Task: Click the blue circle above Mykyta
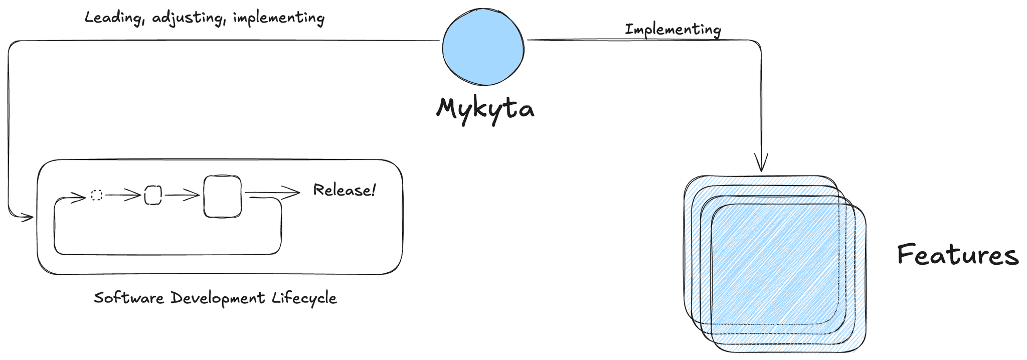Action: pyautogui.click(x=483, y=47)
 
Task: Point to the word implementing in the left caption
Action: pyautogui.click(x=279, y=18)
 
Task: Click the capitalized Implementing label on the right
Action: pyautogui.click(x=673, y=30)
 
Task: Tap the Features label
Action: pyautogui.click(x=957, y=255)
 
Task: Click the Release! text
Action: pyautogui.click(x=344, y=190)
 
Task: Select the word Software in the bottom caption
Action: pyautogui.click(x=129, y=298)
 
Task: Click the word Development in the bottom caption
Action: pyautogui.click(x=218, y=298)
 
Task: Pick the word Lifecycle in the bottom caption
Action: pyautogui.click(x=304, y=298)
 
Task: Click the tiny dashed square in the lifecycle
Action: pyautogui.click(x=97, y=195)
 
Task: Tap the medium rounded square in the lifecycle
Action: pyautogui.click(x=153, y=195)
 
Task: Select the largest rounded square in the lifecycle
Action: pyautogui.click(x=222, y=196)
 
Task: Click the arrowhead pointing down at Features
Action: pyautogui.click(x=761, y=164)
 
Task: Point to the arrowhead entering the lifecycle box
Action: pyautogui.click(x=27, y=217)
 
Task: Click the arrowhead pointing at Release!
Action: pyautogui.click(x=292, y=192)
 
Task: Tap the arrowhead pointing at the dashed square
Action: pyautogui.click(x=80, y=198)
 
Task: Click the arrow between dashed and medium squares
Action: pyautogui.click(x=123, y=195)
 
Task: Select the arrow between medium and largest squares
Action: pyautogui.click(x=182, y=195)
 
